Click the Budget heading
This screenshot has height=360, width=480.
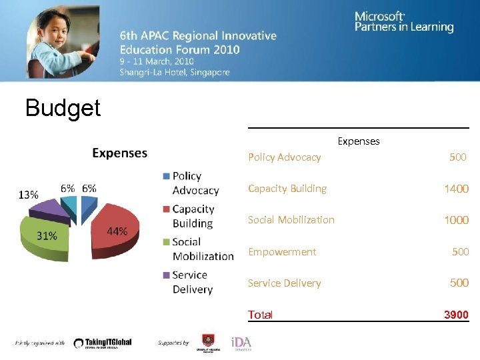(x=63, y=107)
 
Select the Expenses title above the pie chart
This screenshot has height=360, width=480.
(x=119, y=153)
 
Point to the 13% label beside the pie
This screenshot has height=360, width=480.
(x=28, y=195)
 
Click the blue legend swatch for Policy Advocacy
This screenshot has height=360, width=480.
(x=166, y=176)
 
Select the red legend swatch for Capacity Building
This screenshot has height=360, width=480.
(x=166, y=209)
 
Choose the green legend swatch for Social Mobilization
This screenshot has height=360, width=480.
(x=166, y=242)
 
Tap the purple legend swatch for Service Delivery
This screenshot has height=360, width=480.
(x=166, y=275)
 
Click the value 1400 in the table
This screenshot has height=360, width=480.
(x=456, y=189)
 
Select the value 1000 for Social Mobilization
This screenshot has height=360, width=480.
(x=456, y=220)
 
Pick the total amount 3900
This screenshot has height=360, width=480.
(x=456, y=315)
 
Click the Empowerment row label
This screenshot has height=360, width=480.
(x=282, y=252)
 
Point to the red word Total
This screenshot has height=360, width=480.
(x=260, y=315)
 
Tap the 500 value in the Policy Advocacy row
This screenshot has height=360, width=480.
(x=458, y=157)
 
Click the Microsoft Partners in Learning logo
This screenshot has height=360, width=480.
(x=403, y=21)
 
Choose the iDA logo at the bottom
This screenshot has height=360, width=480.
(x=241, y=343)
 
